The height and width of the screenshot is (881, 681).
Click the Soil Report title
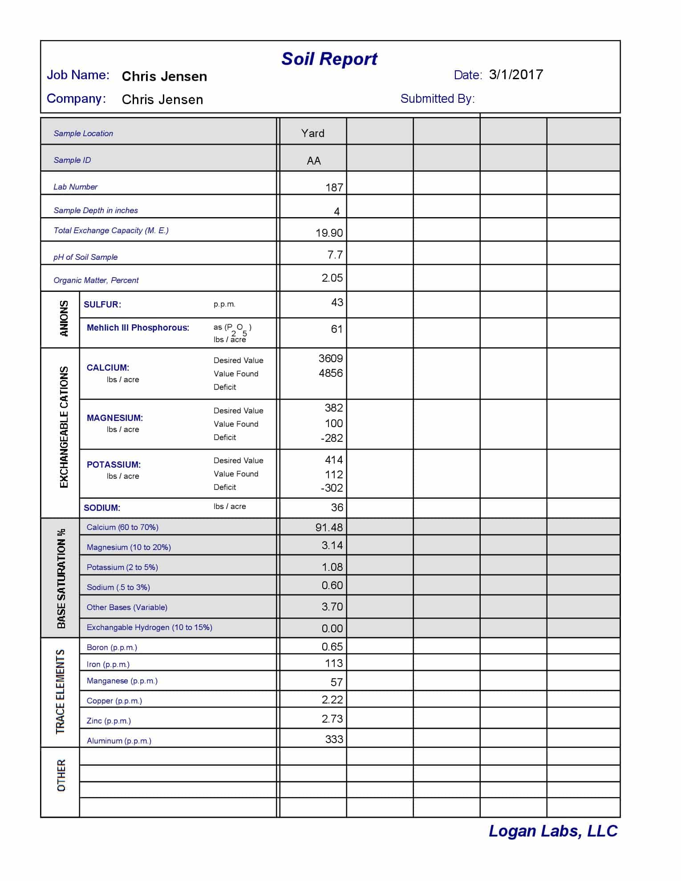(329, 59)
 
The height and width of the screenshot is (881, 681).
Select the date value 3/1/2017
(516, 75)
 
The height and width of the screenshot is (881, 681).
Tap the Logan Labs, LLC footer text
(553, 831)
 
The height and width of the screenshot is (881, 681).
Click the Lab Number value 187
(334, 188)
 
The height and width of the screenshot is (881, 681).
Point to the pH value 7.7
(335, 255)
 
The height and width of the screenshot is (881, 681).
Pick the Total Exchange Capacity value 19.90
(329, 233)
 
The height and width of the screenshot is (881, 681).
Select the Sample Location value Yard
(312, 133)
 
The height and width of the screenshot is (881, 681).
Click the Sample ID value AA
(313, 161)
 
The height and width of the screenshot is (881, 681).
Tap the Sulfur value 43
(337, 303)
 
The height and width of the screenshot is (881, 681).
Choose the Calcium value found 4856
(330, 373)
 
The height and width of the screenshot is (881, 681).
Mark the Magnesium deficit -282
(332, 438)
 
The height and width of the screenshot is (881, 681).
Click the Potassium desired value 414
(333, 460)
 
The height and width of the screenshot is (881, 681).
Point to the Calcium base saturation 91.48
(329, 528)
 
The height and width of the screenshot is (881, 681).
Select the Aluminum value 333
(334, 740)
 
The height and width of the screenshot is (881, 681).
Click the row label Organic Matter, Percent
(96, 280)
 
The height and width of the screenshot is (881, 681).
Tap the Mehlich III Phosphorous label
(138, 328)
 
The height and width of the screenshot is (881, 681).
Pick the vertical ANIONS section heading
(64, 319)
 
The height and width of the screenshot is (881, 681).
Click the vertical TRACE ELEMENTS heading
(60, 692)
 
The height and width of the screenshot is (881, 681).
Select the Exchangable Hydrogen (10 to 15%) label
(149, 627)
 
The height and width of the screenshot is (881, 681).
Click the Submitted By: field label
(437, 99)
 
